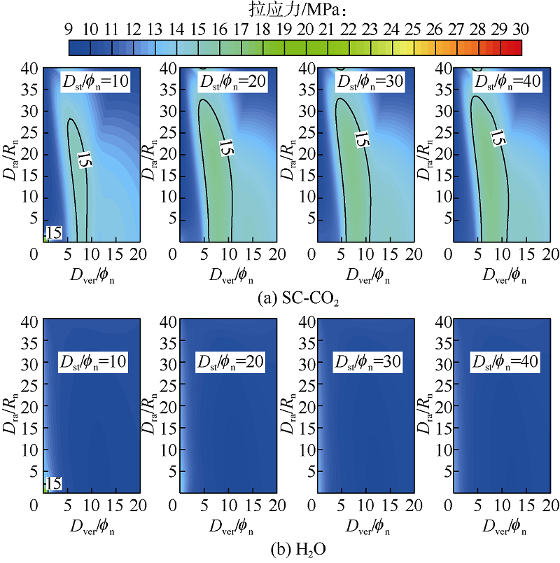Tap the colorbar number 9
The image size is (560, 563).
point(69,29)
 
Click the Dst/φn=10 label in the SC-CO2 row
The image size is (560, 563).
point(92,82)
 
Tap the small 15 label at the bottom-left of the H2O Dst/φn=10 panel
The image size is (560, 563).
point(53,483)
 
